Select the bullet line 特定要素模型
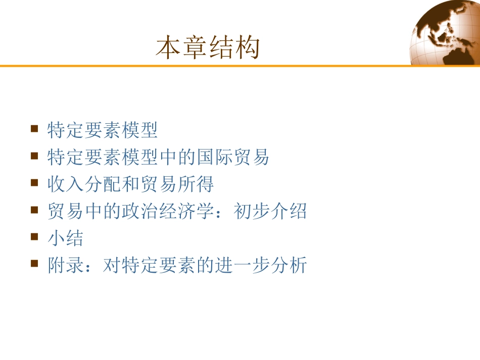pyautogui.click(x=103, y=130)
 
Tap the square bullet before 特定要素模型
pyautogui.click(x=34, y=129)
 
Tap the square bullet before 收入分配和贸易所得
pyautogui.click(x=34, y=183)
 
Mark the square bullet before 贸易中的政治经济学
pyautogui.click(x=34, y=210)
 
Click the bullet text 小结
pyautogui.click(x=66, y=238)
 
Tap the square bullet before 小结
pyautogui.click(x=34, y=236)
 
